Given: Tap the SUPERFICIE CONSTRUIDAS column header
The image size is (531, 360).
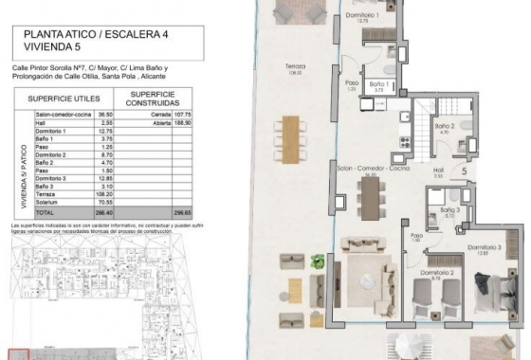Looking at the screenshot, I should (152, 99).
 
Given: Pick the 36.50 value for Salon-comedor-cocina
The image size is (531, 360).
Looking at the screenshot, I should (106, 115).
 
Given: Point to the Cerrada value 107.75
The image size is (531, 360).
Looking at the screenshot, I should (182, 115).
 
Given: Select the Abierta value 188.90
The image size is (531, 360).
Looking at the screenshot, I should (181, 122).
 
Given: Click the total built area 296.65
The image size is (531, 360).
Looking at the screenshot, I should (181, 213).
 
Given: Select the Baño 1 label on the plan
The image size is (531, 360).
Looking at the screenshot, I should (379, 85).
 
